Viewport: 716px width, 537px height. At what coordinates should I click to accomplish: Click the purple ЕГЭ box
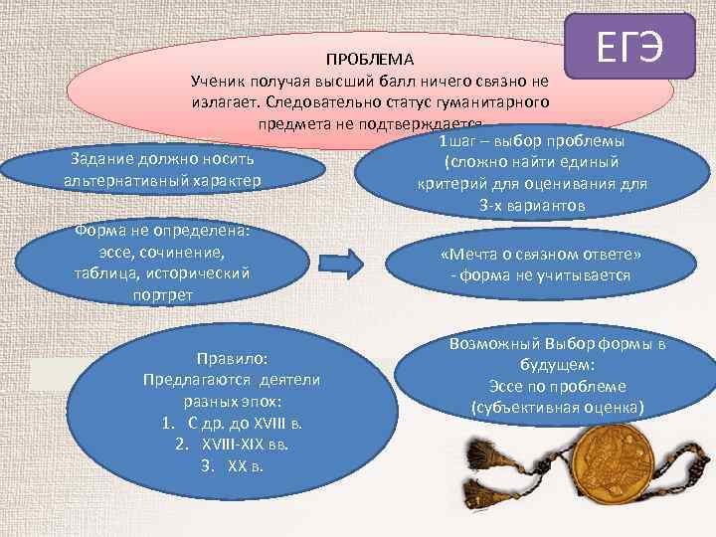[629, 47]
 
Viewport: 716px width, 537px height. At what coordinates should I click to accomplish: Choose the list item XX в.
[233, 464]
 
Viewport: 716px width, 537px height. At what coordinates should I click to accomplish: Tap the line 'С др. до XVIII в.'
[233, 423]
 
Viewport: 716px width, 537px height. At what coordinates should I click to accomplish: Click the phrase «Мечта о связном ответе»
[540, 254]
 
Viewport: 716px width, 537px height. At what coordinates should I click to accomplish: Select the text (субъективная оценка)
[557, 407]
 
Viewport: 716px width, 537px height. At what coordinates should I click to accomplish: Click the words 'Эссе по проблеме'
[557, 386]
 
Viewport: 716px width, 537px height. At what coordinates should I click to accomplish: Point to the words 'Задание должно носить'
[164, 159]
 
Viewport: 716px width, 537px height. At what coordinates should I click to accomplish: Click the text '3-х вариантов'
[532, 206]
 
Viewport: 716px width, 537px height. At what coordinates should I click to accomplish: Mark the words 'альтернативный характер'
[164, 180]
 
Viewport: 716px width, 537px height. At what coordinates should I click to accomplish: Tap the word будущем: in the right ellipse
[557, 365]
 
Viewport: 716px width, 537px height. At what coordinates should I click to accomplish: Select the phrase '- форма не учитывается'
[540, 274]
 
